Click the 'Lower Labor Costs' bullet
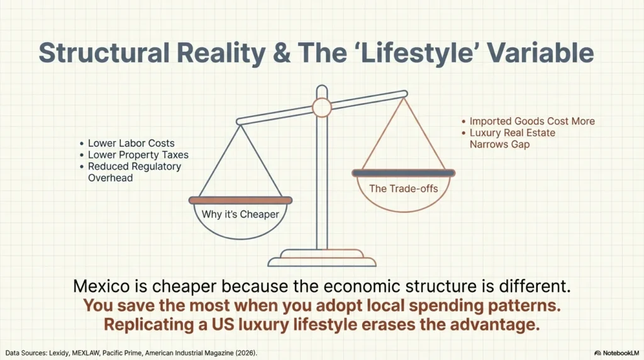pyautogui.click(x=131, y=143)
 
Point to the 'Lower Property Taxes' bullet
pyautogui.click(x=138, y=155)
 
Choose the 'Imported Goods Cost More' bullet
pyautogui.click(x=531, y=121)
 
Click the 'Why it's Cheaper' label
pyautogui.click(x=240, y=215)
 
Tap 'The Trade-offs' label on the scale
pyautogui.click(x=402, y=188)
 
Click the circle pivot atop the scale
pyautogui.click(x=322, y=108)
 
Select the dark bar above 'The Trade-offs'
pyautogui.click(x=403, y=172)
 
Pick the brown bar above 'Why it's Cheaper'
pyautogui.click(x=240, y=200)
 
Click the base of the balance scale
pyautogui.click(x=322, y=260)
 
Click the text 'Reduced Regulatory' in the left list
pyautogui.click(x=134, y=167)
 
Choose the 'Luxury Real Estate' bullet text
pyautogui.click(x=512, y=133)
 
